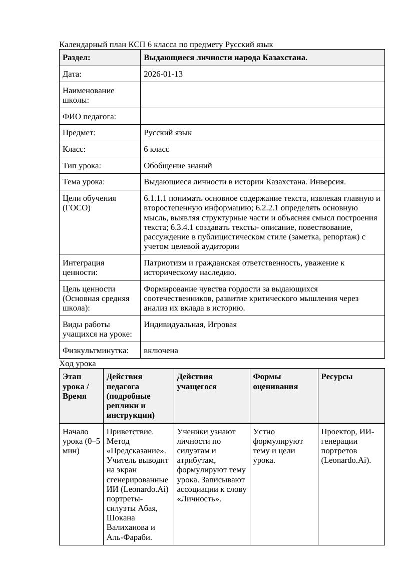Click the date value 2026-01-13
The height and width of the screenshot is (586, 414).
click(163, 74)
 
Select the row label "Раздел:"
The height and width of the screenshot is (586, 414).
click(77, 58)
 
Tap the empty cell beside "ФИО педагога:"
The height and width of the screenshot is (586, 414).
click(262, 116)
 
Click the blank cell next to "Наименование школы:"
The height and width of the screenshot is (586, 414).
click(262, 95)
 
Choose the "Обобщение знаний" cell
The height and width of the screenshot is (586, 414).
click(178, 165)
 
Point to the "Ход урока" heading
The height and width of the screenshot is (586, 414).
click(77, 363)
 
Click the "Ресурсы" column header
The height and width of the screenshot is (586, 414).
click(336, 377)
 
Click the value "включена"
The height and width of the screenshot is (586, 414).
click(161, 351)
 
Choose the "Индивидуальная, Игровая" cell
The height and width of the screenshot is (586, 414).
click(190, 325)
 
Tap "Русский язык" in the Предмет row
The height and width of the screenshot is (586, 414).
click(167, 133)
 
